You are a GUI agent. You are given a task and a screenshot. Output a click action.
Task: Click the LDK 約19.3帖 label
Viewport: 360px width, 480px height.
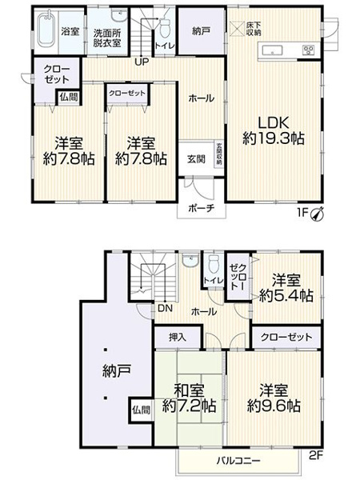point(273,130)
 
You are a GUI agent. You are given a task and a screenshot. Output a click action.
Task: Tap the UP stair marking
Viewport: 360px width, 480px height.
point(141,60)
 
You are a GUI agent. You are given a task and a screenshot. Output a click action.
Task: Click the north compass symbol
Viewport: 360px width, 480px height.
point(318,213)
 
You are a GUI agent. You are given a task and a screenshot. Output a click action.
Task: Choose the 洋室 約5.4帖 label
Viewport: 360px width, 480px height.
point(286,289)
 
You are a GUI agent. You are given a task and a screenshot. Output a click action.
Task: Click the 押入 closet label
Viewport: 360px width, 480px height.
point(179,338)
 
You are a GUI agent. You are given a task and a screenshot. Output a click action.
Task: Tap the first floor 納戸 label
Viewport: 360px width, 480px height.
point(202,31)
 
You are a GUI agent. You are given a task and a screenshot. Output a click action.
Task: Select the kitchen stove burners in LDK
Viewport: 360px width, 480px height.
point(308,50)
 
